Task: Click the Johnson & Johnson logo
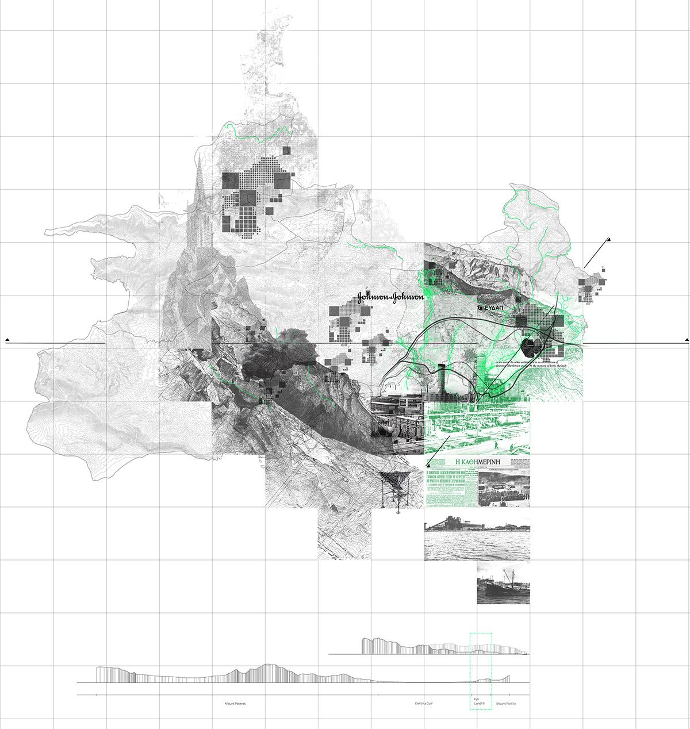390,297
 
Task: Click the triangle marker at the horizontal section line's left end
7,340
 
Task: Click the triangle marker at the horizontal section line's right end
687,340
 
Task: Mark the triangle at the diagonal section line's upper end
608,239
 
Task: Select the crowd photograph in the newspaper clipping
504,489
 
